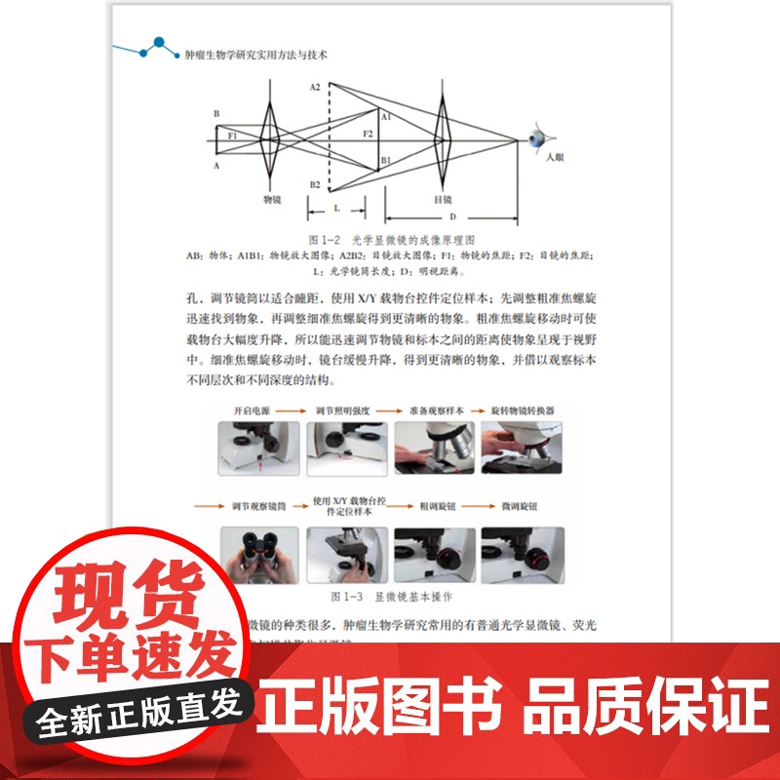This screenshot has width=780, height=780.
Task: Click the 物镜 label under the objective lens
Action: pos(272,198)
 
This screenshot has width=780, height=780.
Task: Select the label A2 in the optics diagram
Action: pos(315,88)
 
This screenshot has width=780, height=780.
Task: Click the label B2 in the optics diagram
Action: pos(315,184)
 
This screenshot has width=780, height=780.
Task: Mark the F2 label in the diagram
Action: pos(368,133)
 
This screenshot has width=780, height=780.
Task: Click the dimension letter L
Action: pos(336,208)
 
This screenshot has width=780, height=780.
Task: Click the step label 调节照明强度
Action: pos(346,411)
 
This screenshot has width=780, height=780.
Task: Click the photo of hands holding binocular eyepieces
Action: pos(257,556)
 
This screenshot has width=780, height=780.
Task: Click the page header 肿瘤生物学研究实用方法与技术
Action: pos(256,56)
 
